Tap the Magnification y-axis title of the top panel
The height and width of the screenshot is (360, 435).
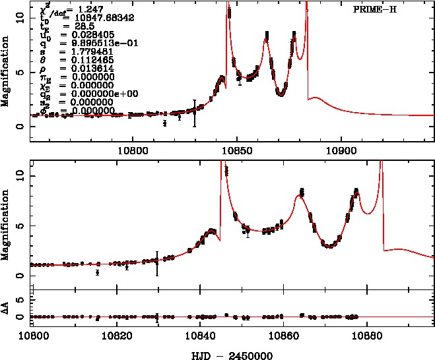click(7, 73)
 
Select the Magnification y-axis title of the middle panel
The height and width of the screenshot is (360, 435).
click(7, 224)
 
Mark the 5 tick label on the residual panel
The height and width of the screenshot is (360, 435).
click(24, 300)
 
